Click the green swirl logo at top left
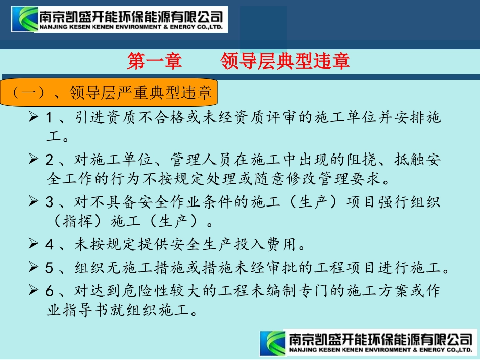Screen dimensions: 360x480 pyautogui.click(x=25, y=19)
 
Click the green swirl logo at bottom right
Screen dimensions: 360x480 pyautogui.click(x=273, y=343)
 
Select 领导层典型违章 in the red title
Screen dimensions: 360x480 pyautogui.click(x=285, y=62)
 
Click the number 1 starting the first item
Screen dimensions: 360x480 pyautogui.click(x=49, y=118)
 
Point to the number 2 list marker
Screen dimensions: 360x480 pyautogui.click(x=49, y=161)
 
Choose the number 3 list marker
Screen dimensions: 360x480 pyautogui.click(x=49, y=202)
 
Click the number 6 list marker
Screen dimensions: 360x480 pyautogui.click(x=49, y=291)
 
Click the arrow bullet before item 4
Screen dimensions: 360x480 pyautogui.click(x=33, y=245)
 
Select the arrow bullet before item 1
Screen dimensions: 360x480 pyautogui.click(x=33, y=118)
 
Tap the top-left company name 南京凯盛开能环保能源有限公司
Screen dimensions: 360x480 pyautogui.click(x=131, y=15)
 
